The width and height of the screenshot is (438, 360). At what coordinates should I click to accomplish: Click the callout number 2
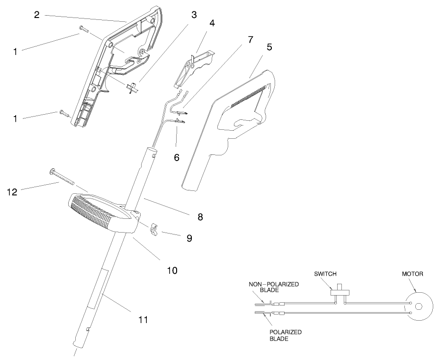(36, 14)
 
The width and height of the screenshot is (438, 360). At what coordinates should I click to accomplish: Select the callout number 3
(194, 15)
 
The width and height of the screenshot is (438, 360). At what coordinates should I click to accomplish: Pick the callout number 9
(189, 238)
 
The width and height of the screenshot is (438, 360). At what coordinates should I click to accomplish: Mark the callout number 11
(143, 320)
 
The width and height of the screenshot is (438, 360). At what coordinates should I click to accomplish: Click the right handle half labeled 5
(227, 128)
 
